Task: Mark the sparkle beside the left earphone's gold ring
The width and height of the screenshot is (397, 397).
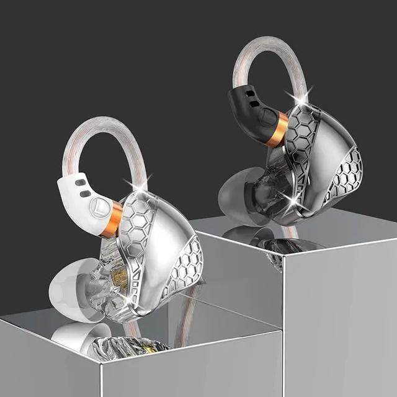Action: (x=130, y=184)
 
